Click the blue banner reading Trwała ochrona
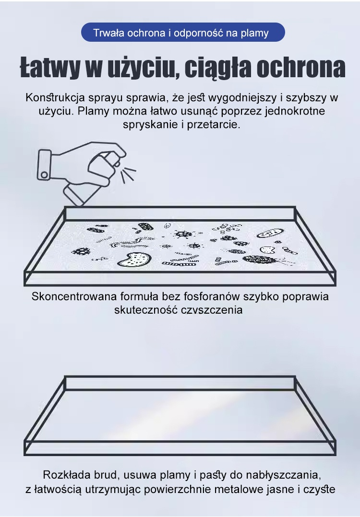click(183, 32)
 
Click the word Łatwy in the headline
click(50, 68)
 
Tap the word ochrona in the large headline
click(300, 68)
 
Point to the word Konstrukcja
click(55, 98)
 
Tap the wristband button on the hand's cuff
click(44, 174)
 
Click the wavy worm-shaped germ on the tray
click(129, 241)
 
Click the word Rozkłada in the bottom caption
click(62, 475)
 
